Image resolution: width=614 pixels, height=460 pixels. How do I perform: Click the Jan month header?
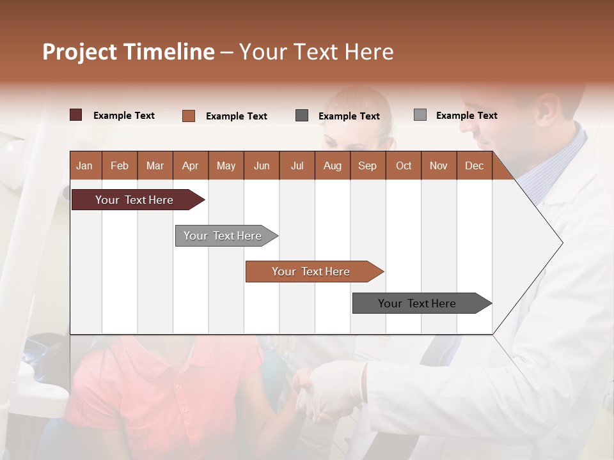point(84,165)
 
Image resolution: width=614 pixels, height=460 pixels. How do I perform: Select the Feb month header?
point(120,165)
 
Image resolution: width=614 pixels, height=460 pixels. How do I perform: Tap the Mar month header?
point(155,165)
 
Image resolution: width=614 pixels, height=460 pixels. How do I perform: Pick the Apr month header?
point(191,165)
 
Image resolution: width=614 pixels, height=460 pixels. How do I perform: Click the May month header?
point(226,165)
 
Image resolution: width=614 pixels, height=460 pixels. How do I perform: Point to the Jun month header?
point(262,165)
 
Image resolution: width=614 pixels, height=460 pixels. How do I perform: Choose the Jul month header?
point(297,165)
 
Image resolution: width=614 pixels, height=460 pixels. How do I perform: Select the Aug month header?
point(333,165)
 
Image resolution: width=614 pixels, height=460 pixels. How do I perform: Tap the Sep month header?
point(368,165)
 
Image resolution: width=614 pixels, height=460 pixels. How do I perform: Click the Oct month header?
point(404,165)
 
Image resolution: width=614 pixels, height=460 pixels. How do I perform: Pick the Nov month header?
point(439,165)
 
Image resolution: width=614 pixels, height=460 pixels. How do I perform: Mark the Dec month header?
point(475,165)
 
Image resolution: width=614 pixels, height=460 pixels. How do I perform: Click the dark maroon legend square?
point(76,115)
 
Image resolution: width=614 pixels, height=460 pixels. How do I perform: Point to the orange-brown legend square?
point(189,116)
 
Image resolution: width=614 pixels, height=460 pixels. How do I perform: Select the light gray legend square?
point(420,115)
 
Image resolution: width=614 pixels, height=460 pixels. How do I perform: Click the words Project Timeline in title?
point(129,52)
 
